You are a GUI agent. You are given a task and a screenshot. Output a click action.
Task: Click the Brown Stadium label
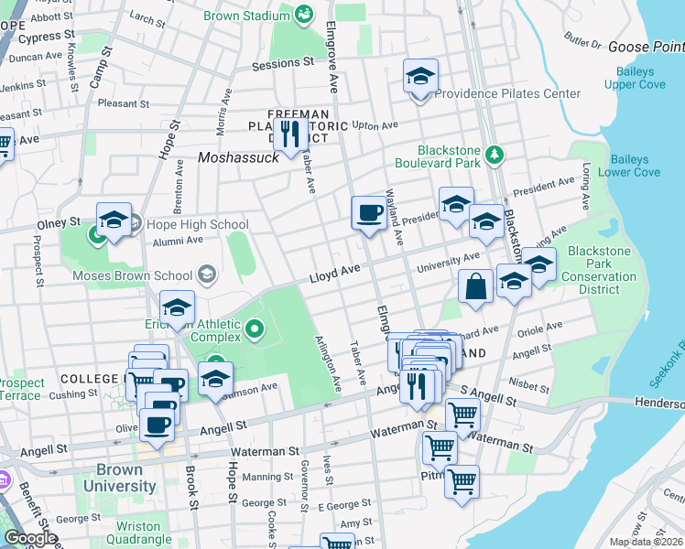[x=247, y=16]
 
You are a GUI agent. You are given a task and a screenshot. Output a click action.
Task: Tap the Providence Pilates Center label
[x=507, y=93]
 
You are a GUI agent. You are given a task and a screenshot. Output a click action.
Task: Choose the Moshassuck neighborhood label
[x=238, y=157]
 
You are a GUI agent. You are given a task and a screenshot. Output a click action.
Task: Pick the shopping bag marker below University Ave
[x=476, y=285]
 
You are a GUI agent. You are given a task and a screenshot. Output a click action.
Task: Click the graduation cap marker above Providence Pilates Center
[x=420, y=77]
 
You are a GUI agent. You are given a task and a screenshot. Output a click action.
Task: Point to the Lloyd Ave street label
[x=335, y=273]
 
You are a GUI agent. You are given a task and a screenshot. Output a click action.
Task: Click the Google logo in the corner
[x=29, y=538]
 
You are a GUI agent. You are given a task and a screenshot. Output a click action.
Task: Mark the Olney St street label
[x=58, y=222]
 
